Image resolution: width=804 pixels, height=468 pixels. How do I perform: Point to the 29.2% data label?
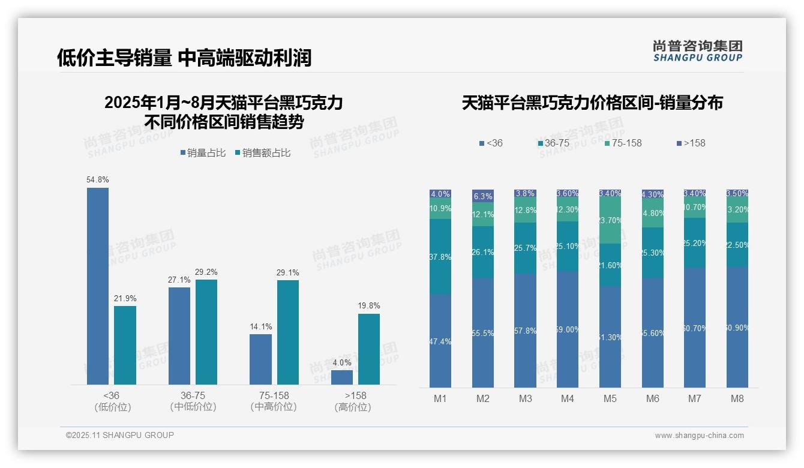[206, 272]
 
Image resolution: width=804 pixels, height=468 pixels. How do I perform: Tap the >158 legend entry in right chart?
[691, 143]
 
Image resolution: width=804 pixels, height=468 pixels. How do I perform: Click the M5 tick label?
[610, 398]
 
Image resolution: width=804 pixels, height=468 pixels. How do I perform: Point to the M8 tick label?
[737, 398]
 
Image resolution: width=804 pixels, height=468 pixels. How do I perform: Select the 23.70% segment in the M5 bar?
[610, 221]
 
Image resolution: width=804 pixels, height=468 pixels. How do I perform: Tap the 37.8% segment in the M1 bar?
[440, 257]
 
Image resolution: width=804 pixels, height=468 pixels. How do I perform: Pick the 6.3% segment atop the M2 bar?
[483, 196]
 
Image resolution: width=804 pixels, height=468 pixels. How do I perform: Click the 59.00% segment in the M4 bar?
[568, 329]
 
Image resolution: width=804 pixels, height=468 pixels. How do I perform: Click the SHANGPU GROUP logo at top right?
[697, 50]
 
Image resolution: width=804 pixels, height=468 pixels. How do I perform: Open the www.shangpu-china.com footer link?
[699, 436]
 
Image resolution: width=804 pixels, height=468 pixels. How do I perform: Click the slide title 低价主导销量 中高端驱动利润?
[184, 58]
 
